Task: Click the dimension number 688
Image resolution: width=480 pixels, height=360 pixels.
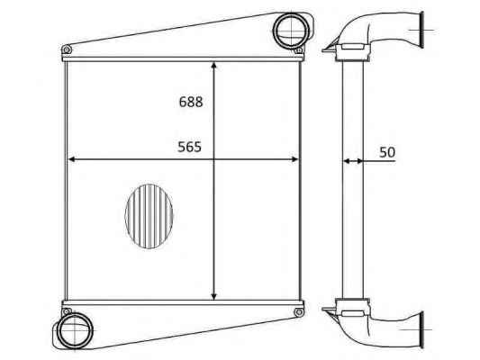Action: tap(191, 102)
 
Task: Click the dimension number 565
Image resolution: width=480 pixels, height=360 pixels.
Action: tap(190, 147)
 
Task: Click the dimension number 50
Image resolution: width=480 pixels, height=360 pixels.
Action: tap(387, 152)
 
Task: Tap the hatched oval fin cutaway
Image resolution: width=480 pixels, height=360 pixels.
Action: tap(149, 216)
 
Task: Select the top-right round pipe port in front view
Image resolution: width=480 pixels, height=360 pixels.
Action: tap(291, 31)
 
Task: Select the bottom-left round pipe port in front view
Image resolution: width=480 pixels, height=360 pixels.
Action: tap(75, 331)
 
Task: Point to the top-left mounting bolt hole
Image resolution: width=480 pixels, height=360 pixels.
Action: tap(67, 49)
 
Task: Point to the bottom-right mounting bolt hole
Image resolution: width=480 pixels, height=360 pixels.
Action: tap(298, 312)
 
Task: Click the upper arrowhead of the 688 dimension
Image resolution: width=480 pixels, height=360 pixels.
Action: tap(214, 65)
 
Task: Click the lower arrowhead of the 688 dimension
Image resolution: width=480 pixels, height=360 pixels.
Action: tap(214, 296)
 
